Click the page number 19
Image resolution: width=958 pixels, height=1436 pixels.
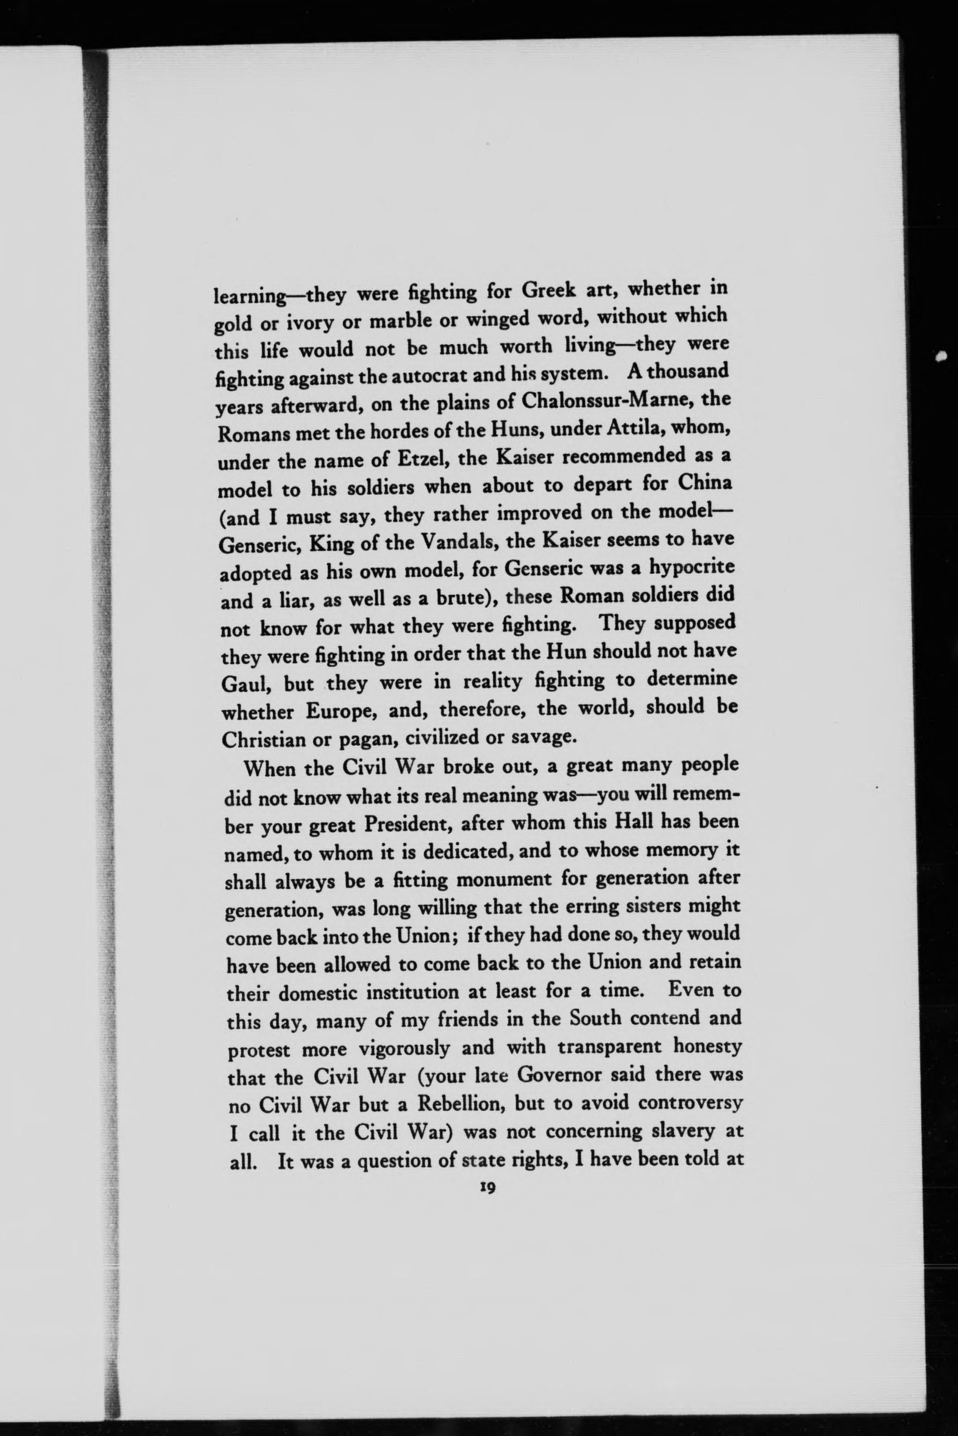pyautogui.click(x=487, y=1188)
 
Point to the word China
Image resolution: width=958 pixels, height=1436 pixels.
pyautogui.click(x=704, y=483)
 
